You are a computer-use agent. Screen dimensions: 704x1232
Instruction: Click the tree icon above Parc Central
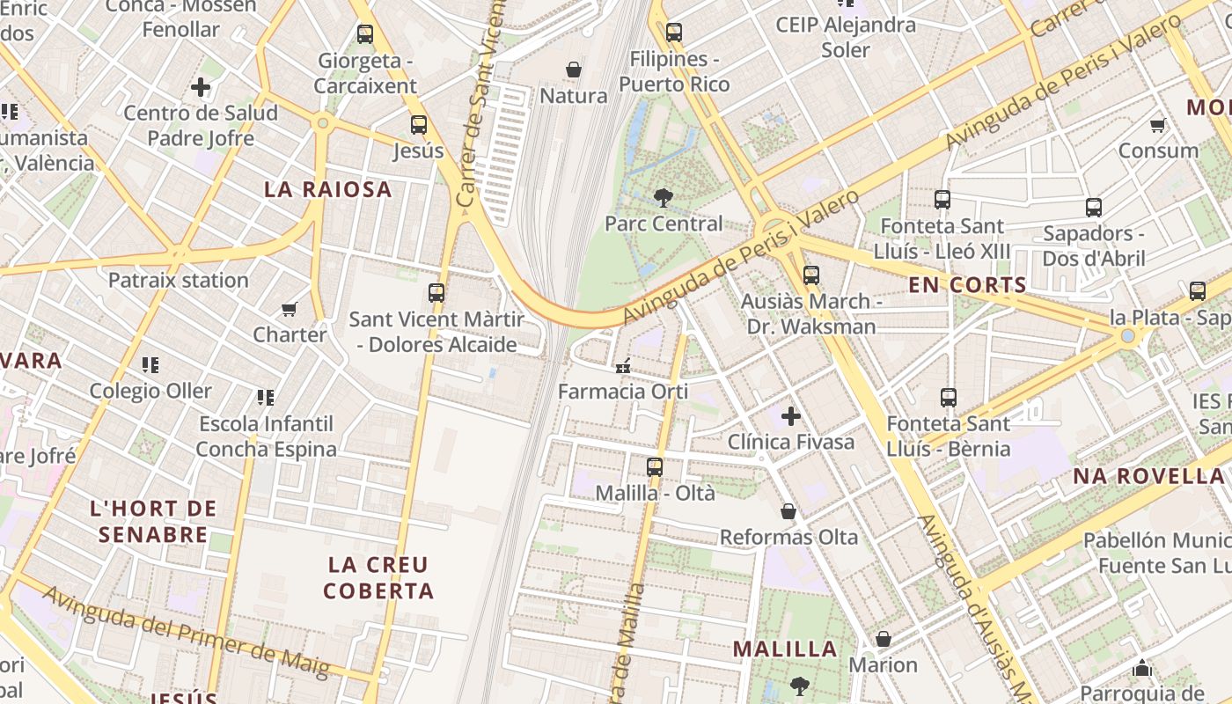664,199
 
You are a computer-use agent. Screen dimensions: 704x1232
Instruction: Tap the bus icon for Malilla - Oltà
654,467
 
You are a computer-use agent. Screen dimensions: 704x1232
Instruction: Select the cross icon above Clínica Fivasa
790,415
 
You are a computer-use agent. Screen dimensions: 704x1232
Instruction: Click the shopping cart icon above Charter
290,309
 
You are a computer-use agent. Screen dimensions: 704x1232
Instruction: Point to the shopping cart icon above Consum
1158,125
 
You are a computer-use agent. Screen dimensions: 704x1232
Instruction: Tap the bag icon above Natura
574,70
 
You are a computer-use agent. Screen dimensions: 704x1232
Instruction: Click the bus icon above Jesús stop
419,125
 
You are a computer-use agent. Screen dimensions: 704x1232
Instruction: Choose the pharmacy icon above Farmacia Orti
624,366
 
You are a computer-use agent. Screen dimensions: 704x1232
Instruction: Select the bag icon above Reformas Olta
788,511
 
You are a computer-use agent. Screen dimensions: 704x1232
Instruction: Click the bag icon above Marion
883,639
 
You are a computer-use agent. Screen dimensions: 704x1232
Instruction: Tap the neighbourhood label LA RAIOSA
328,189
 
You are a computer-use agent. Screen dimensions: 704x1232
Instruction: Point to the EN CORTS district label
967,285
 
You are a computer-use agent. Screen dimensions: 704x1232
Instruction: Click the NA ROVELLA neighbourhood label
1148,476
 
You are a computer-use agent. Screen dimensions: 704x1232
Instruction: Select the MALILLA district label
785,649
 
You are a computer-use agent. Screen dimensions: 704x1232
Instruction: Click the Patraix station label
178,281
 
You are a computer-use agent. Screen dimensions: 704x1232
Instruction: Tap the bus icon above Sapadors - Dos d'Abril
1094,208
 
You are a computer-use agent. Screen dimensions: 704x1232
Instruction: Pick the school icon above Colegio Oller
150,364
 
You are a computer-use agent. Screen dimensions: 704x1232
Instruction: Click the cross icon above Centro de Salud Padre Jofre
201,87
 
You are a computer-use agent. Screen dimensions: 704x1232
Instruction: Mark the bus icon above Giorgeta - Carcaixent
365,34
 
